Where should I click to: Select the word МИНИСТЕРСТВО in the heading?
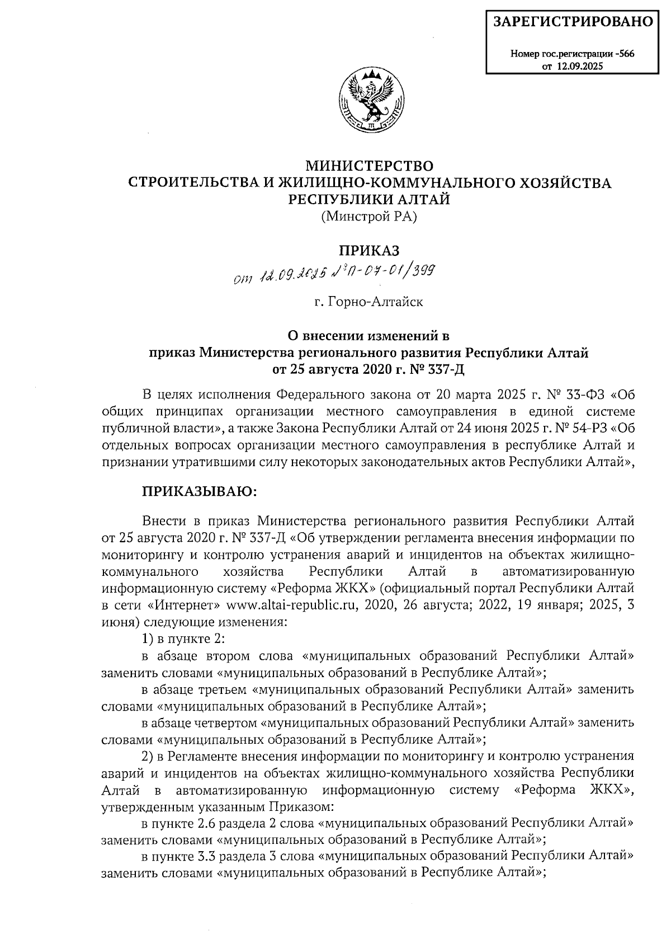point(369,166)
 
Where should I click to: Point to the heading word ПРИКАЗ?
point(369,250)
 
